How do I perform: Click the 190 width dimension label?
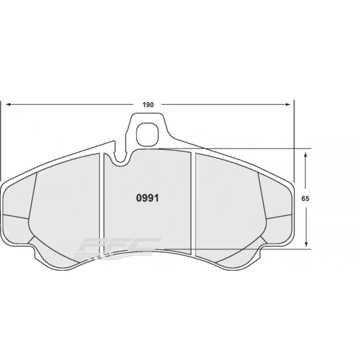pyautogui.click(x=147, y=105)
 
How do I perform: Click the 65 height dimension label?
pyautogui.click(x=305, y=199)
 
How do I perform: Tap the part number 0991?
pyautogui.click(x=147, y=198)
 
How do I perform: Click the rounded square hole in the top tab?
pyautogui.click(x=147, y=133)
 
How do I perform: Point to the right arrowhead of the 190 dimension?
pyautogui.click(x=288, y=105)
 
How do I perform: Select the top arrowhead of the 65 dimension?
pyautogui.click(x=305, y=152)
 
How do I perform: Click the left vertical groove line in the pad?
pyautogui.click(x=104, y=206)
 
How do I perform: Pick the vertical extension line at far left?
pyautogui.click(x=1, y=135)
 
